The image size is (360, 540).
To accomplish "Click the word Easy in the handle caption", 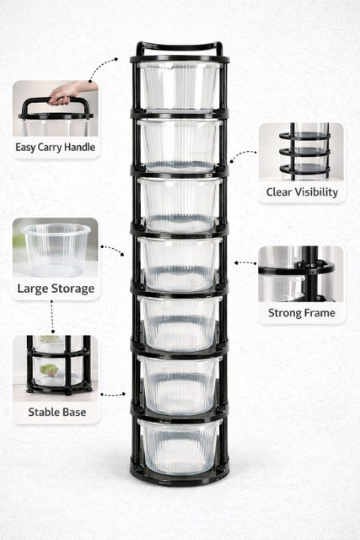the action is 25,148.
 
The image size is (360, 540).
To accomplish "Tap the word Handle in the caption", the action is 79,147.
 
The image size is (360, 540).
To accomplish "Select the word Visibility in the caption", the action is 315,192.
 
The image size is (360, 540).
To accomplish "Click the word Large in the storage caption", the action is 33,289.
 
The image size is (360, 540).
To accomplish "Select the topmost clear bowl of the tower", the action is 179,86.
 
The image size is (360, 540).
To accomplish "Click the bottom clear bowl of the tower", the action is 179,446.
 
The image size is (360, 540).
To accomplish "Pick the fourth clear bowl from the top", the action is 180,264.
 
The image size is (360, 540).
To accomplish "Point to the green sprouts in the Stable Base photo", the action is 49,370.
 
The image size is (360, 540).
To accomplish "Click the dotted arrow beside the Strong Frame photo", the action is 245,263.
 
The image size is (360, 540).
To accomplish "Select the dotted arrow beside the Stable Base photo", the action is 113,394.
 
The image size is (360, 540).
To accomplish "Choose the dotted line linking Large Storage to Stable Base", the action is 52,317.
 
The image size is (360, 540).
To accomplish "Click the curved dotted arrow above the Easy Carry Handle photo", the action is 101,68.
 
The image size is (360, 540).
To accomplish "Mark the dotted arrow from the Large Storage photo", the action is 112,250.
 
